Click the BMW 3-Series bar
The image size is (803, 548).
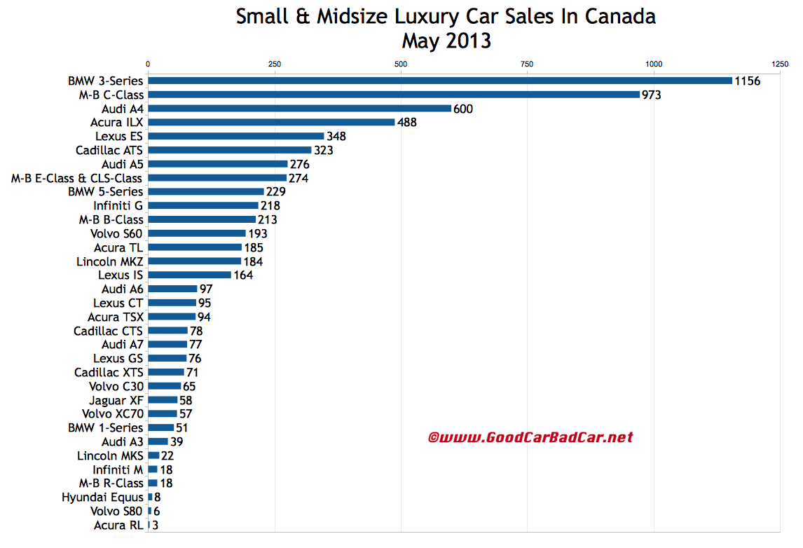(439, 81)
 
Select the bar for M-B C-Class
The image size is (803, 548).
(393, 95)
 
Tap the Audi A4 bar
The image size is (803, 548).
(299, 109)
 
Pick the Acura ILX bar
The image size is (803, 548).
(271, 122)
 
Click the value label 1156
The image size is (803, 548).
(747, 81)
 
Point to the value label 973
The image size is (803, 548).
(652, 95)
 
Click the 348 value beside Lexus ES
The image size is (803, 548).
(336, 136)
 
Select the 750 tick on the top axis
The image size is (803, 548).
(527, 64)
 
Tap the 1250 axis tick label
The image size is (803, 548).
(779, 64)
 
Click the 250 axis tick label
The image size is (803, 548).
(275, 64)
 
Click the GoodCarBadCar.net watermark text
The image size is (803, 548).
(530, 438)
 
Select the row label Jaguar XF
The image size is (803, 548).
(116, 400)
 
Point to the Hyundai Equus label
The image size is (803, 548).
(102, 498)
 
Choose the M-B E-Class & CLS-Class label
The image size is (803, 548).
(76, 178)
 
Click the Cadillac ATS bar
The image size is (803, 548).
(229, 150)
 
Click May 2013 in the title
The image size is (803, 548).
(446, 41)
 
